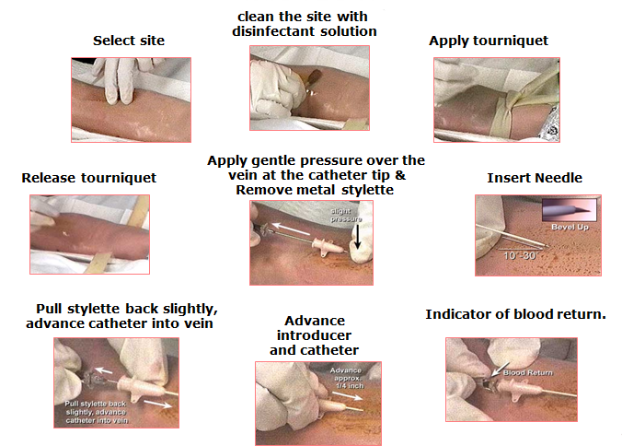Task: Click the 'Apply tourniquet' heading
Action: pos(489,41)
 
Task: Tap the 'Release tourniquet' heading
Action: pos(88,177)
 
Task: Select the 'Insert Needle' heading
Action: pos(535,178)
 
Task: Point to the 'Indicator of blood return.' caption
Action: pos(515,315)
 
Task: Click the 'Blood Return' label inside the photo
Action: pos(524,372)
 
